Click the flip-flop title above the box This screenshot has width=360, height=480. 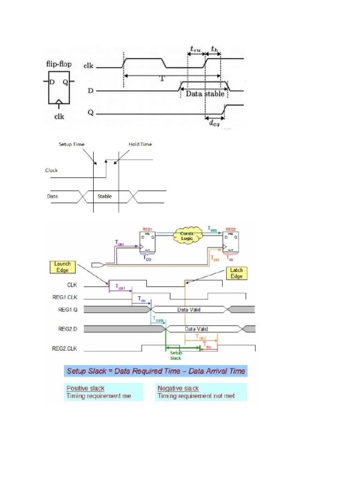click(x=59, y=63)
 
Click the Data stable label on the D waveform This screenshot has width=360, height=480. click(x=205, y=93)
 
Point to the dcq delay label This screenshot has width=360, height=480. click(x=214, y=123)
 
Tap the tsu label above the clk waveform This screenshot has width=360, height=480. click(x=195, y=48)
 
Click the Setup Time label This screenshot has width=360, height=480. click(x=72, y=144)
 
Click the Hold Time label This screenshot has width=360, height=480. click(x=140, y=144)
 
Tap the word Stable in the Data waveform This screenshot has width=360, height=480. click(x=105, y=196)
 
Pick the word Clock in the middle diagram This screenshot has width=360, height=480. click(x=52, y=170)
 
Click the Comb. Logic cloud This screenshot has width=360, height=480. click(x=187, y=235)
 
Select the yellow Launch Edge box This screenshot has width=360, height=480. click(x=62, y=267)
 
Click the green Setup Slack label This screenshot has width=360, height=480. click(x=175, y=355)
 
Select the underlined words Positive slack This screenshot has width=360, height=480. click(x=85, y=388)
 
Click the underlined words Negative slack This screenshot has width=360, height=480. click(x=178, y=388)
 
